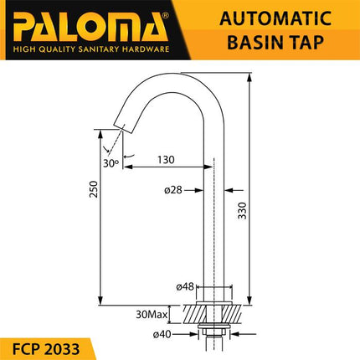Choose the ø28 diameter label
coord(173,190)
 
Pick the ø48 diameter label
coord(186,287)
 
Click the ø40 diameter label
coord(186,336)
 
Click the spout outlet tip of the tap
coord(123,126)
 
